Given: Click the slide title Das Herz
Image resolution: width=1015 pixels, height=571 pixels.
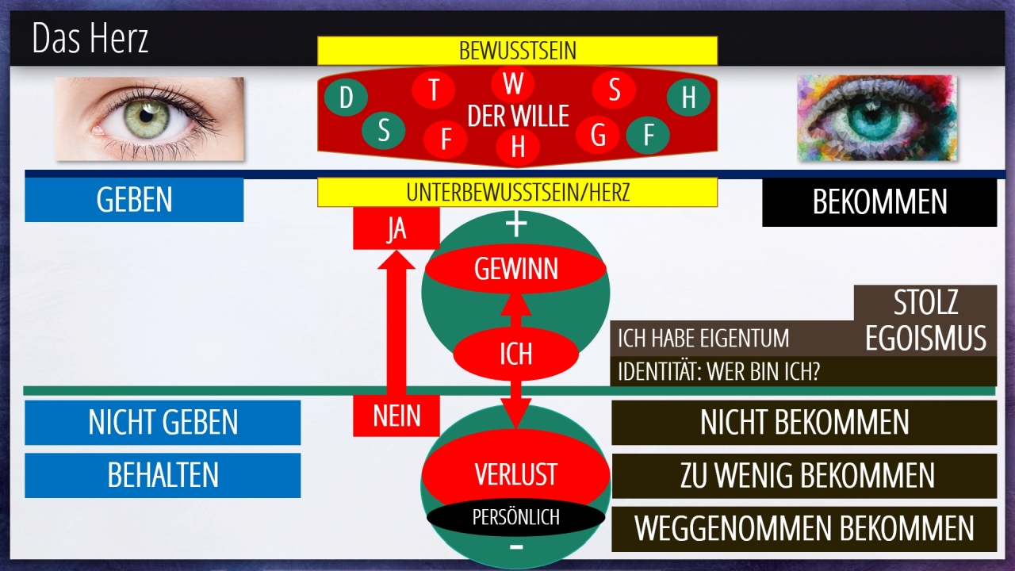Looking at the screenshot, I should click(x=90, y=39).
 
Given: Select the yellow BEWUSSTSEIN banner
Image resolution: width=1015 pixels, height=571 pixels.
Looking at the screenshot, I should click(x=517, y=51).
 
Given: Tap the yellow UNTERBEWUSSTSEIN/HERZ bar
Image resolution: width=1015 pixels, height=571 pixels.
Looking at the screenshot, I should click(x=517, y=192).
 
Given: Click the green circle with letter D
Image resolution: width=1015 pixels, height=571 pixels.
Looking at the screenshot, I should click(x=346, y=98).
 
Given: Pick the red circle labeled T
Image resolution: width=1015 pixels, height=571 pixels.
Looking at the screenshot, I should click(x=434, y=90).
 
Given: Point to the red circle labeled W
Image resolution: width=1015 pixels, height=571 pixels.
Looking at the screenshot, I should click(x=513, y=83).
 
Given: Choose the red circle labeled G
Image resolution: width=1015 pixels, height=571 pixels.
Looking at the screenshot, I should click(x=598, y=136).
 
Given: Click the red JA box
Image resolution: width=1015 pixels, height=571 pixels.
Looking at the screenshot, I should click(x=396, y=229).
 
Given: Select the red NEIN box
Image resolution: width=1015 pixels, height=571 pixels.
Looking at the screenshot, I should click(x=396, y=416).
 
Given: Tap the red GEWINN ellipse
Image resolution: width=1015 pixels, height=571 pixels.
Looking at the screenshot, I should click(x=515, y=270).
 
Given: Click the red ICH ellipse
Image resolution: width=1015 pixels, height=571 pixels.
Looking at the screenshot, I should click(x=515, y=354).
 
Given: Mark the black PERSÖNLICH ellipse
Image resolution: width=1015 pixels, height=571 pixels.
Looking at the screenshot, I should click(x=515, y=517).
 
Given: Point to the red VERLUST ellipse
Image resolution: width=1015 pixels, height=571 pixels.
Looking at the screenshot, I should click(x=515, y=474).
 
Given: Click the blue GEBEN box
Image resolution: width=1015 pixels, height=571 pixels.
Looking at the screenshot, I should click(x=134, y=200).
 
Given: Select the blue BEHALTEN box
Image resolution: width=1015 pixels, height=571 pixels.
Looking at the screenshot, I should click(x=163, y=475).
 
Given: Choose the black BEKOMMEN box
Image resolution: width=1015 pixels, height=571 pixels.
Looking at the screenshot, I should click(x=879, y=202).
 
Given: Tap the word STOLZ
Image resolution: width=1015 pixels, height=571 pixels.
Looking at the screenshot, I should click(x=925, y=303).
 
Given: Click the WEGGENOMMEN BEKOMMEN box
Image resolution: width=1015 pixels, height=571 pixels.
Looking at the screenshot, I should click(x=804, y=529).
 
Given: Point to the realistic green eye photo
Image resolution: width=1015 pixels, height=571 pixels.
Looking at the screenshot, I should click(x=150, y=118).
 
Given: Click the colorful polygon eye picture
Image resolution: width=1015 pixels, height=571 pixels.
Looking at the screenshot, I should click(x=876, y=118).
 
